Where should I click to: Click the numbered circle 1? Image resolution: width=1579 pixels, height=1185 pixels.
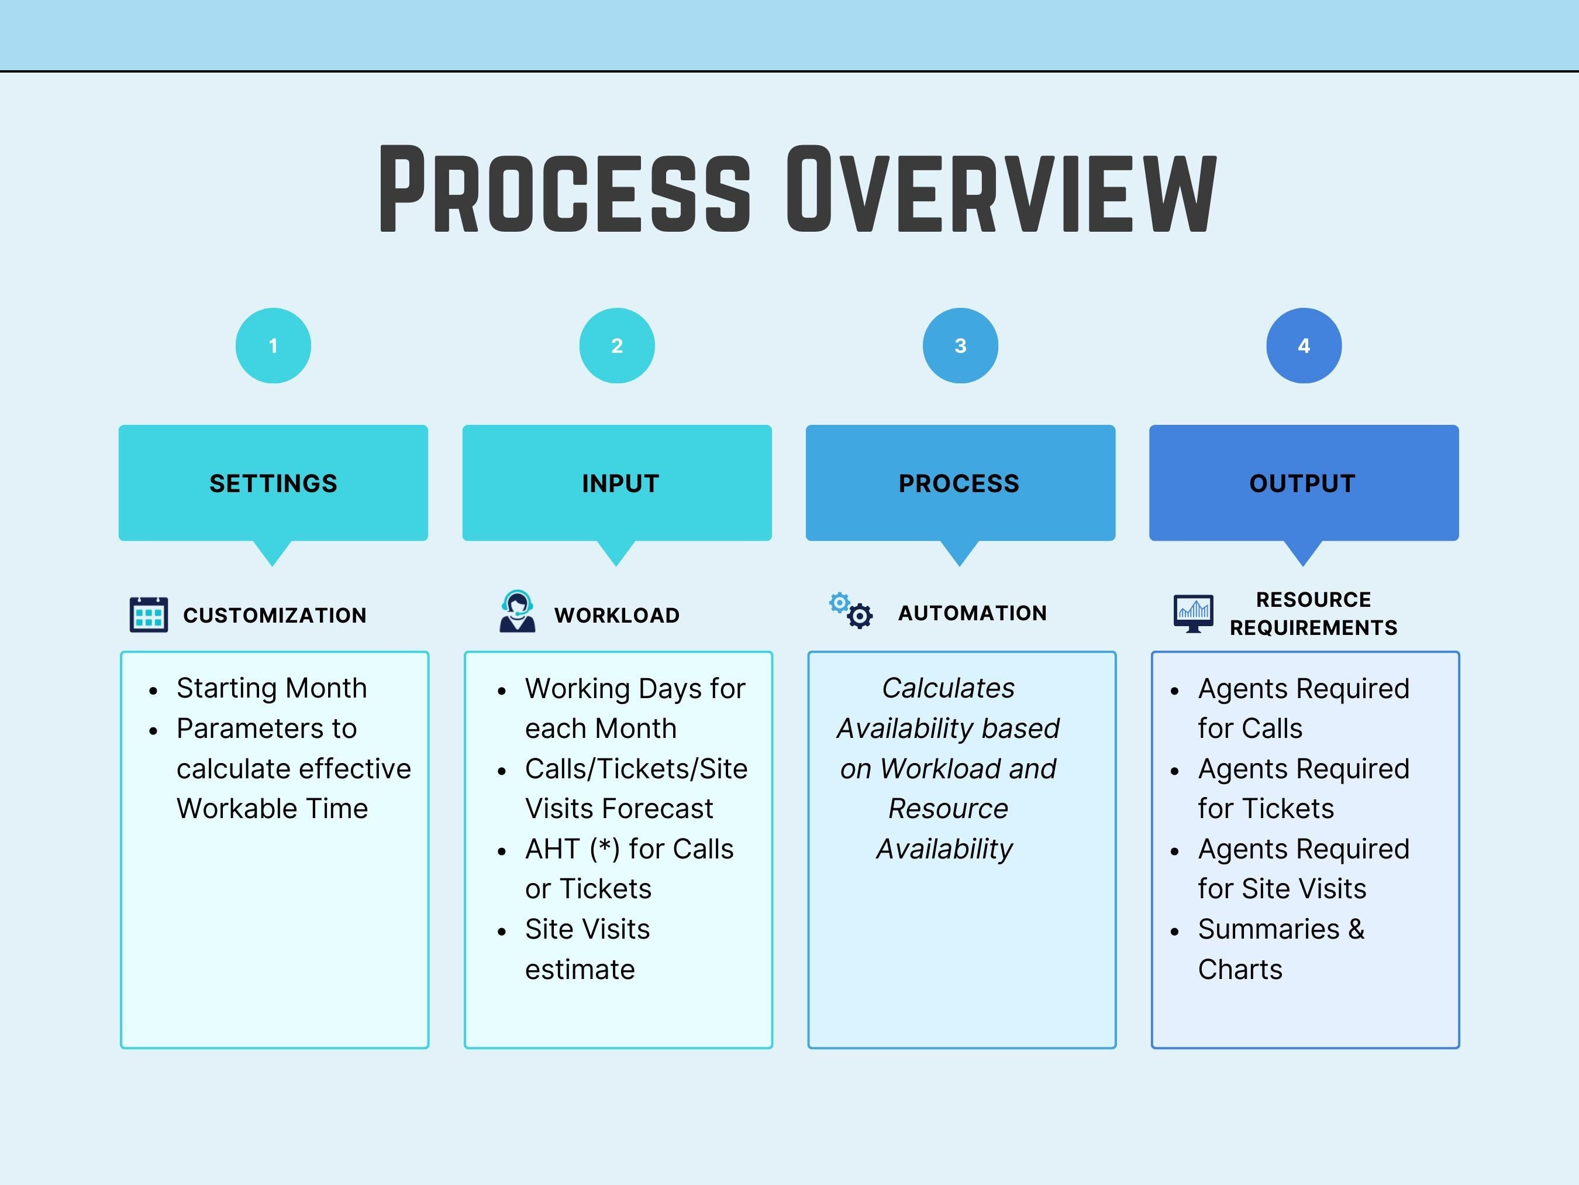pos(273,346)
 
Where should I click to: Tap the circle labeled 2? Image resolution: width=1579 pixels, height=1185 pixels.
pos(617,346)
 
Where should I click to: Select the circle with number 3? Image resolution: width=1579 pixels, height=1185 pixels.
pos(960,346)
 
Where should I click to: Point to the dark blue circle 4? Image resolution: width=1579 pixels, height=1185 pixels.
pos(1304,346)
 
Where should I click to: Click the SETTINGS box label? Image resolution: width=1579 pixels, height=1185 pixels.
pos(273,483)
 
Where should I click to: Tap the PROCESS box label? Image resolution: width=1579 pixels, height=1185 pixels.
pos(959,483)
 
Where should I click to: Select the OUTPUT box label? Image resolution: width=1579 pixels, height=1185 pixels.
pos(1302,483)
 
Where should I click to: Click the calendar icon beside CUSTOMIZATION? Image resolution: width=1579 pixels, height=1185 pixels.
pos(149,614)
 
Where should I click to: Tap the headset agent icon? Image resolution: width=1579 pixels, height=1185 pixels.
pos(517,612)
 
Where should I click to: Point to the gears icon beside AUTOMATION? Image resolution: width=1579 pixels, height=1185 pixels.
pos(851,611)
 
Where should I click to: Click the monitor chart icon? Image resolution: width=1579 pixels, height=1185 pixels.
pos(1193,613)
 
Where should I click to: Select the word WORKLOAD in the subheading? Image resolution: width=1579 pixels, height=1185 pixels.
pos(617,615)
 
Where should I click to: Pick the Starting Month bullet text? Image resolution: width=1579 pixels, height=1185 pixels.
pos(271,688)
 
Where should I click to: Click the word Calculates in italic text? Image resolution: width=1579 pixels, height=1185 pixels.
pos(948,688)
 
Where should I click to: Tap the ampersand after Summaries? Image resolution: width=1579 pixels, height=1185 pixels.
pos(1356,929)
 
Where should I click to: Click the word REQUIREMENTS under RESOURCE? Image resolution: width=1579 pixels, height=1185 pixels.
pos(1313,628)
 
